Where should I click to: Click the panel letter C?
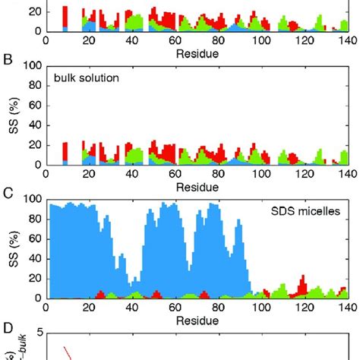(x=7, y=192)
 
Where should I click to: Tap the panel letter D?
(x=7, y=327)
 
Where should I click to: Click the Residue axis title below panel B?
(x=197, y=187)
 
